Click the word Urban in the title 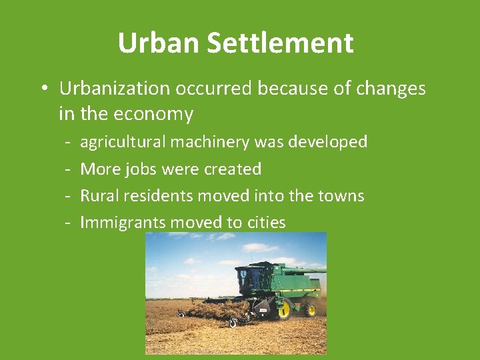(x=159, y=43)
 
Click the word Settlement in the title (x=280, y=43)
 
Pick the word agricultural (x=123, y=142)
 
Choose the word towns (x=341, y=196)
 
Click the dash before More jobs (x=68, y=169)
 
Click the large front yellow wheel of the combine (x=284, y=309)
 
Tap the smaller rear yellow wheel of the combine (x=310, y=309)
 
